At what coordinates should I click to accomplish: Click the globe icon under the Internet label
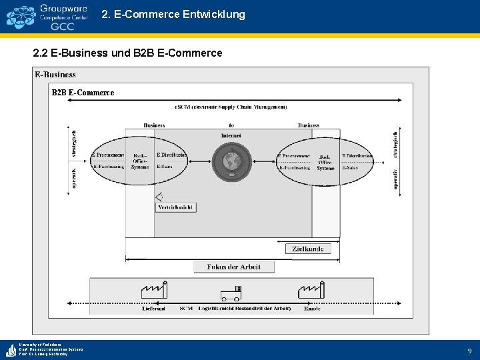click(232, 161)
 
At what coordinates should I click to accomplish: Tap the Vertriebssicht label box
click(176, 207)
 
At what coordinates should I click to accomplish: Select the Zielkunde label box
click(308, 249)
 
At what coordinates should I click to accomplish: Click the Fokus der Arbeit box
click(233, 267)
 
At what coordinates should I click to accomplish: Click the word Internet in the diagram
click(231, 136)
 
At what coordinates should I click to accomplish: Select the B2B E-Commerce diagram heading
click(83, 93)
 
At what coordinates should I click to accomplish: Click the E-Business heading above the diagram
click(55, 75)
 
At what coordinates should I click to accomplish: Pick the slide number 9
click(469, 350)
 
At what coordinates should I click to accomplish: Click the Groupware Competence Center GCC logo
click(47, 16)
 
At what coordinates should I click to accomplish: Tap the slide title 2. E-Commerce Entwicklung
click(173, 14)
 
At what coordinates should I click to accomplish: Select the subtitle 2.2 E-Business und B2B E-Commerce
click(127, 53)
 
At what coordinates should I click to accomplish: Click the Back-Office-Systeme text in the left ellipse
click(140, 161)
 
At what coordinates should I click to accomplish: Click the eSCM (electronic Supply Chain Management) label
click(231, 107)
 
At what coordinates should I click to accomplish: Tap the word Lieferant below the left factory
click(154, 309)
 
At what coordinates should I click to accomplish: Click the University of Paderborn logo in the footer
click(11, 349)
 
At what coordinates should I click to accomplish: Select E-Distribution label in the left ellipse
click(171, 155)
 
